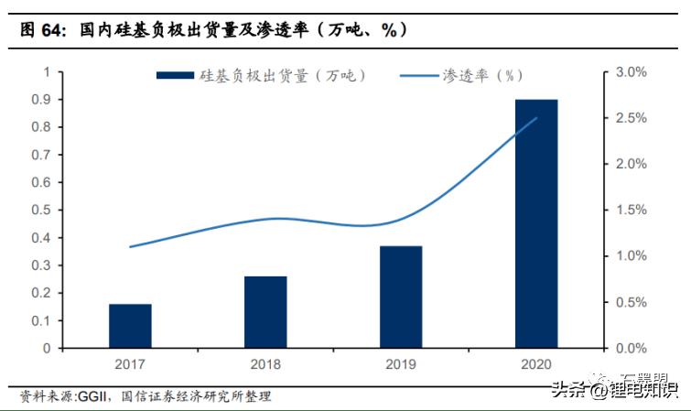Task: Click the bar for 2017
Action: [x=130, y=326]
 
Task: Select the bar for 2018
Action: [x=265, y=312]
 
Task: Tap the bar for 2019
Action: [x=401, y=297]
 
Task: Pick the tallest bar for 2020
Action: [x=536, y=223]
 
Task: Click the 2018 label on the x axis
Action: [x=265, y=364]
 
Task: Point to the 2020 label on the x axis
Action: [x=536, y=364]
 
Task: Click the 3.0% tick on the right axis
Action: [x=631, y=71]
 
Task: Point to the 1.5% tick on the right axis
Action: [x=631, y=210]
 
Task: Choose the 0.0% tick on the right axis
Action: [x=631, y=348]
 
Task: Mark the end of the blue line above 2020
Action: [x=536, y=118]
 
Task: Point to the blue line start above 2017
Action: [x=130, y=247]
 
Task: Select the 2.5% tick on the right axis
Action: [x=631, y=118]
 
